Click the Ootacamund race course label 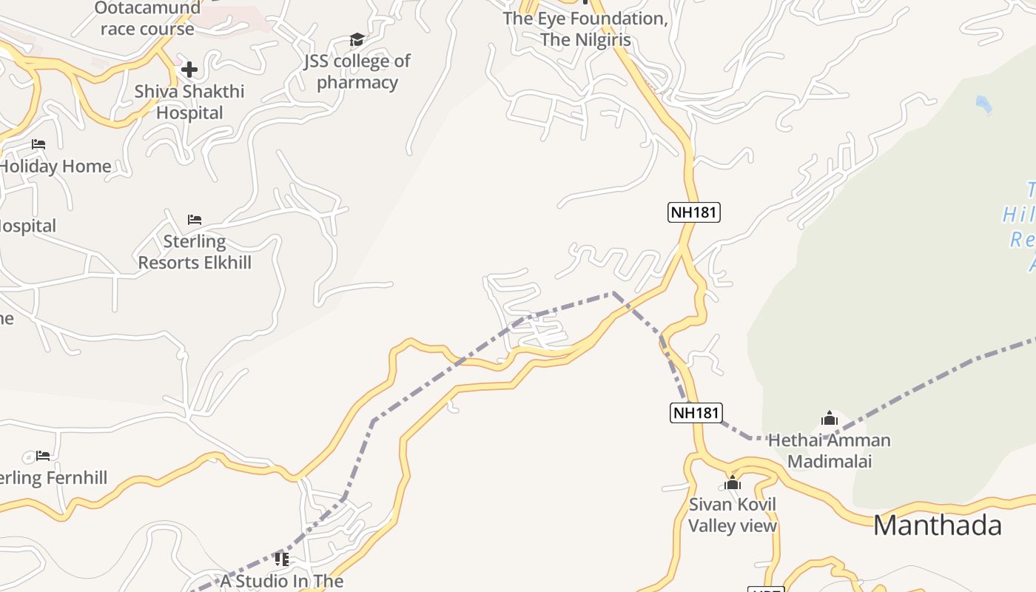(147, 19)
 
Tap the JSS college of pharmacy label (357, 71)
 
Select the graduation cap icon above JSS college (357, 39)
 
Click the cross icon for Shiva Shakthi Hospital (189, 70)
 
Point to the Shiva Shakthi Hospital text (189, 102)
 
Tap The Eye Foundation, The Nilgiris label (585, 29)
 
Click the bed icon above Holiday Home (38, 144)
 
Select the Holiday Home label (55, 166)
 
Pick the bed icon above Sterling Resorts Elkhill (195, 220)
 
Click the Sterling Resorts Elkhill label (195, 252)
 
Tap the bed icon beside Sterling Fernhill (43, 455)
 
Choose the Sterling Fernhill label (53, 478)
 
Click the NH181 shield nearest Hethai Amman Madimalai (696, 412)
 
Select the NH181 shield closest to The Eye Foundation (694, 212)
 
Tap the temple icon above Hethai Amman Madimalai (830, 418)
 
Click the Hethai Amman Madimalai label (830, 451)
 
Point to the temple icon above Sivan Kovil (733, 482)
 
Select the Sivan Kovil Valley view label (733, 515)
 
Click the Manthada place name (938, 525)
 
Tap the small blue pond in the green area (983, 104)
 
